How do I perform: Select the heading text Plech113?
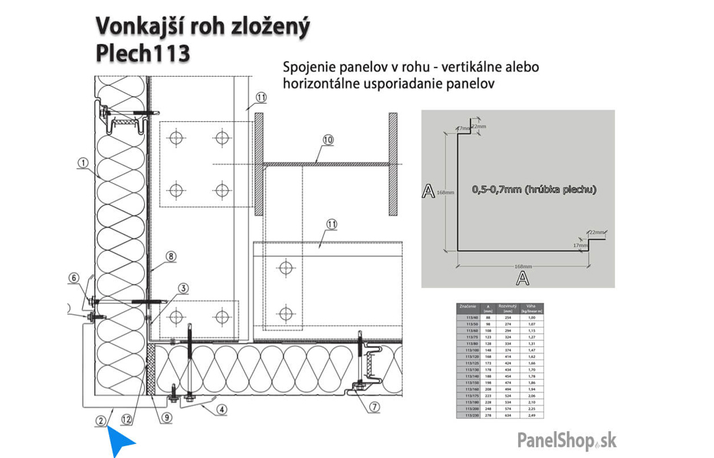(x=143, y=54)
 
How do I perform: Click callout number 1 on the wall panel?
(x=83, y=162)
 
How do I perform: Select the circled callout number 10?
(x=328, y=140)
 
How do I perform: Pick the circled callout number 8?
(x=171, y=256)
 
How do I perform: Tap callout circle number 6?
(x=74, y=277)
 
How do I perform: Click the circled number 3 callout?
(x=183, y=288)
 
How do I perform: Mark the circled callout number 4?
(x=222, y=407)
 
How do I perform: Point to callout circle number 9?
(x=167, y=417)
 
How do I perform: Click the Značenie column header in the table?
(x=467, y=308)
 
